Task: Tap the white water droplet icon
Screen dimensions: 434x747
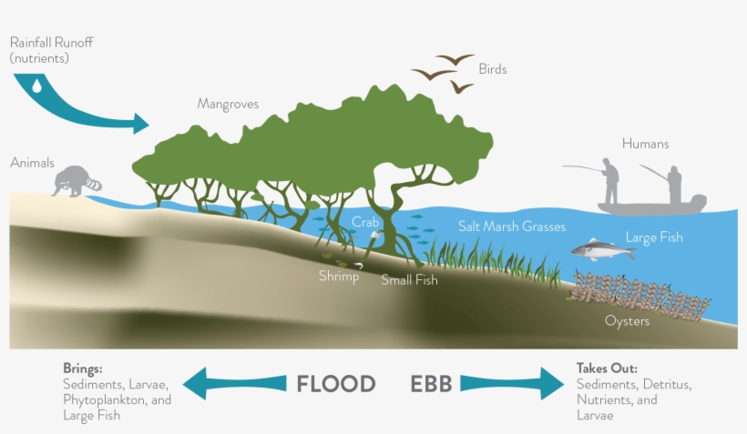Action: pyautogui.click(x=36, y=86)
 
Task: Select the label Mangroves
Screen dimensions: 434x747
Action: pyautogui.click(x=228, y=104)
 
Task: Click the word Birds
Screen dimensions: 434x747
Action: pyautogui.click(x=492, y=69)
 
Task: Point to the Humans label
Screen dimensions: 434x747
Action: pyautogui.click(x=645, y=144)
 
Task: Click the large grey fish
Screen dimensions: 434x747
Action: pyautogui.click(x=602, y=249)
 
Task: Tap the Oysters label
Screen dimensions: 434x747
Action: pyautogui.click(x=627, y=320)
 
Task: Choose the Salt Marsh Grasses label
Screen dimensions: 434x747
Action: pyautogui.click(x=512, y=227)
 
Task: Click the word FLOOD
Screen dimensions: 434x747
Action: pyautogui.click(x=336, y=383)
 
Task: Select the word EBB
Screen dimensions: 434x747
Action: pyautogui.click(x=431, y=383)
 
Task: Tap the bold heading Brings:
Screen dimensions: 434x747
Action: pyautogui.click(x=84, y=368)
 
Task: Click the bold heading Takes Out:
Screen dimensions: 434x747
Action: pyautogui.click(x=607, y=368)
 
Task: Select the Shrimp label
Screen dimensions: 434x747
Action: pyautogui.click(x=338, y=276)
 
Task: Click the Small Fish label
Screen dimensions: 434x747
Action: pyautogui.click(x=409, y=280)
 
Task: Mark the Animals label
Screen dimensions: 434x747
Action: pyautogui.click(x=32, y=163)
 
